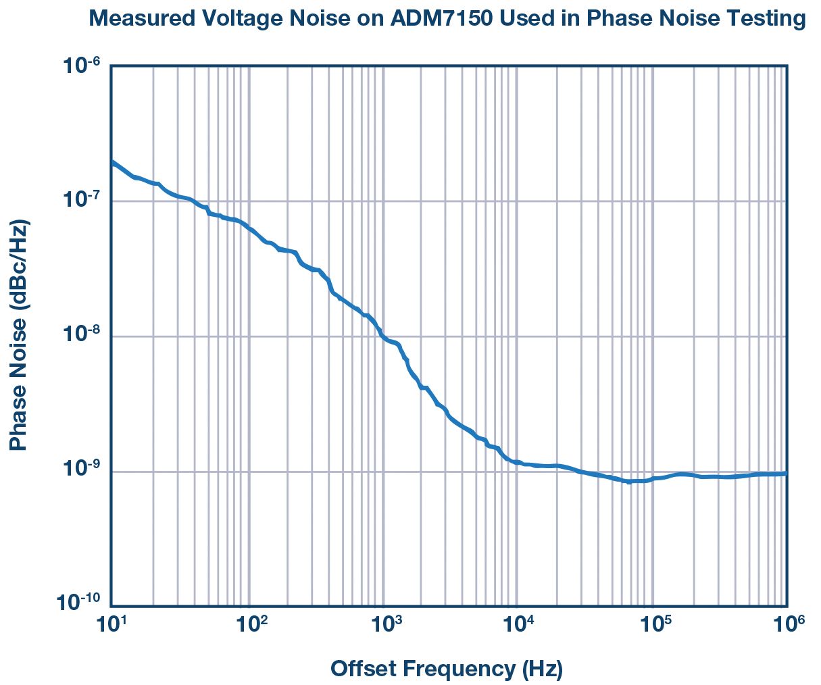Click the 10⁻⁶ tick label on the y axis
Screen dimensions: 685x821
click(x=80, y=66)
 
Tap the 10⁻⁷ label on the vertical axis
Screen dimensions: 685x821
click(x=80, y=199)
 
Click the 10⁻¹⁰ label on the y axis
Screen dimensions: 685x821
click(x=79, y=602)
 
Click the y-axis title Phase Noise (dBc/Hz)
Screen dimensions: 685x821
click(x=19, y=335)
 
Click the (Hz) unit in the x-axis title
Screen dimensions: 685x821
click(x=542, y=669)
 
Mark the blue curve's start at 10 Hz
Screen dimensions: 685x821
click(x=112, y=162)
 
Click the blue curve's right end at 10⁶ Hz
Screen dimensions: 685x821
click(x=785, y=474)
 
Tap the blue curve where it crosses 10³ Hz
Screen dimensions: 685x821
click(x=382, y=336)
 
